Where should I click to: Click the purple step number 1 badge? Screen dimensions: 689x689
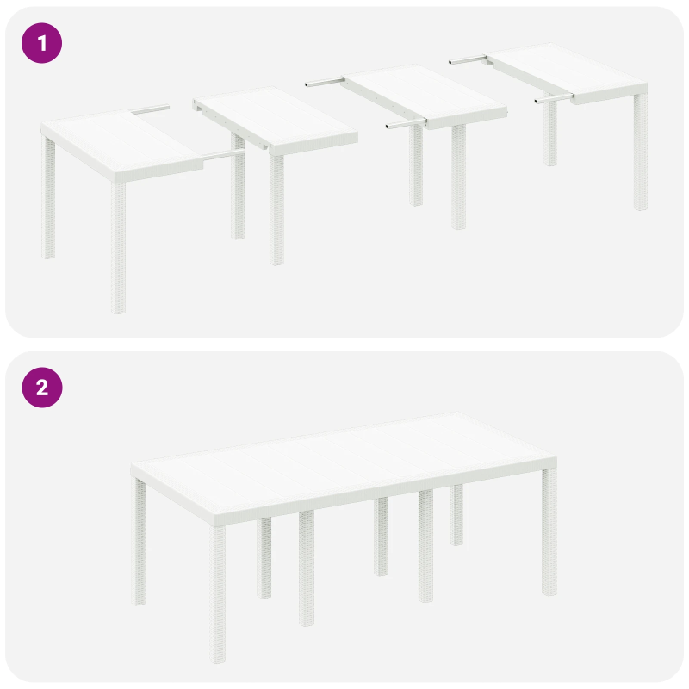pos(41,43)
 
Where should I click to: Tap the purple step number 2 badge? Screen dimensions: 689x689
pos(41,388)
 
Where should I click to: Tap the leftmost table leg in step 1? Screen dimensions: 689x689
pos(49,198)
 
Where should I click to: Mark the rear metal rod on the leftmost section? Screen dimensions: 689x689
pos(152,109)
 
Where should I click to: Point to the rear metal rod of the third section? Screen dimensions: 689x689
pos(326,83)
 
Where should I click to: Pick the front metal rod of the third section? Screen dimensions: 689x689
pos(404,125)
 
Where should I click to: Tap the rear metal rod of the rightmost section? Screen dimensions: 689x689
pos(469,59)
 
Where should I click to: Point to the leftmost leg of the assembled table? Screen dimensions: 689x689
pos(140,543)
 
